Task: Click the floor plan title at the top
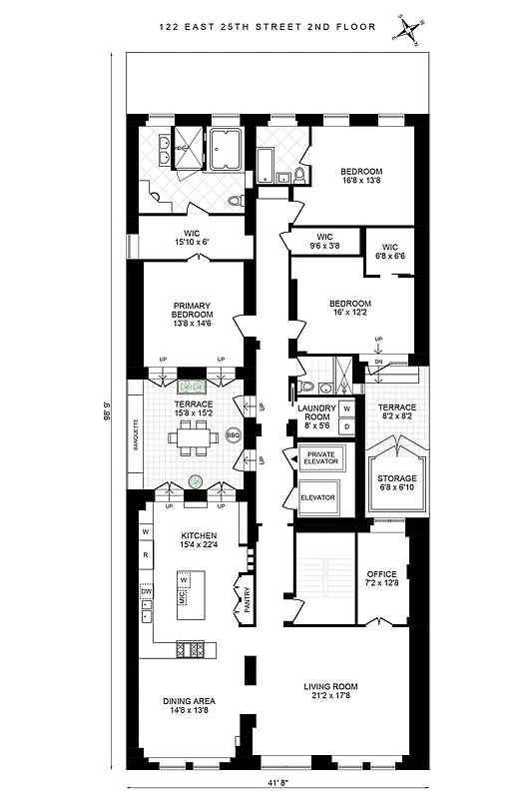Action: click(x=266, y=27)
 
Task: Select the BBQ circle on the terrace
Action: click(x=234, y=435)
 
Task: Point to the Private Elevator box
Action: click(x=319, y=458)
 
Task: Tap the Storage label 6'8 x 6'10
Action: click(x=396, y=484)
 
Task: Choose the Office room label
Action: click(x=380, y=579)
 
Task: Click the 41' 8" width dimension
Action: click(x=266, y=784)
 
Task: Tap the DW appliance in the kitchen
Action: click(x=146, y=590)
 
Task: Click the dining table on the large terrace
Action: click(x=190, y=436)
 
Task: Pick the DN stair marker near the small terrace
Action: click(x=378, y=362)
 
